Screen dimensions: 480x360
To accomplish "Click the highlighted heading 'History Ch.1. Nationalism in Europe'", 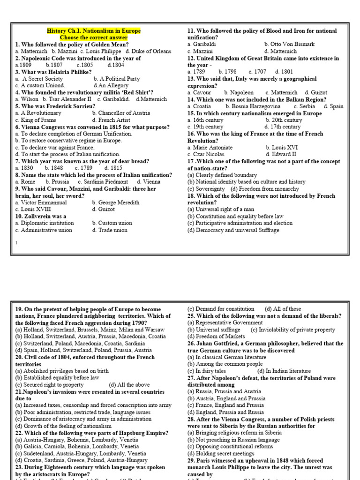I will point(94,31).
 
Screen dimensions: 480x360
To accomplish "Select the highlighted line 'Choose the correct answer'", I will point(93,37).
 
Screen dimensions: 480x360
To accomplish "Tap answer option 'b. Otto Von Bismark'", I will point(289,45).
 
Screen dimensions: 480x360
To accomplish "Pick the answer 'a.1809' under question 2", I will point(23,65).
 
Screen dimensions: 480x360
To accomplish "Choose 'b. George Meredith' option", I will point(116,202).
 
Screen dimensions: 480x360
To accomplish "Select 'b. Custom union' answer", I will point(112,223).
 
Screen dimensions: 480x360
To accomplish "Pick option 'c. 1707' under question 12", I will point(257,72).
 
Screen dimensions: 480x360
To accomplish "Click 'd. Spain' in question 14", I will point(333,106).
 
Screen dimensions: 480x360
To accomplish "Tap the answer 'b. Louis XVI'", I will point(281,148).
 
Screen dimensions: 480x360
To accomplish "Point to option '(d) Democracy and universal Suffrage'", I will point(233,230).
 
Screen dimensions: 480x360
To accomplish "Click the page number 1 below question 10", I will point(16,242).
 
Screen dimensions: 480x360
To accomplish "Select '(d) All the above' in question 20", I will point(130,385).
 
